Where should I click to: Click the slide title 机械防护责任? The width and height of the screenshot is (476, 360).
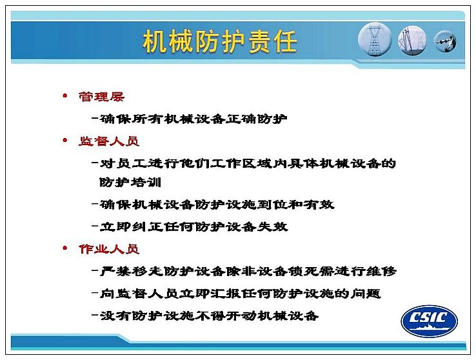coord(220,41)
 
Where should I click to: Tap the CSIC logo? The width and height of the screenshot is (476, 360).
coord(430,321)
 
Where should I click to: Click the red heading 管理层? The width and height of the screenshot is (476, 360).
coord(101,97)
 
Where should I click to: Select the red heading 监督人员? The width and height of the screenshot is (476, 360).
coord(109,141)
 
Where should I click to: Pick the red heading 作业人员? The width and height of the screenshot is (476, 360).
coord(109,249)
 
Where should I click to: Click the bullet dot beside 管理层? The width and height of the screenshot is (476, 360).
coord(64,96)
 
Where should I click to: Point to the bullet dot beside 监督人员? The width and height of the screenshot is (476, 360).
coord(64,140)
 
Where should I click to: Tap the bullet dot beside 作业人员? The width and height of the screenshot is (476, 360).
coord(64,248)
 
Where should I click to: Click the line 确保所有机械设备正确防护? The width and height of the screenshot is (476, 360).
coord(193,119)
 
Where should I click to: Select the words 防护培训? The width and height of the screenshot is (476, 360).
coord(130,182)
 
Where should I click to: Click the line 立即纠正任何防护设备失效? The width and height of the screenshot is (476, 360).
coord(193,226)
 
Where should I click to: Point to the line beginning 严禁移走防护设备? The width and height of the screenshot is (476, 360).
coord(248,271)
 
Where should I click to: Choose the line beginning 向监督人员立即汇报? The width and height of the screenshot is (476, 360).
coord(240,293)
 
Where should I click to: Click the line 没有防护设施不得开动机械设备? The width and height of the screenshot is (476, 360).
coord(209,315)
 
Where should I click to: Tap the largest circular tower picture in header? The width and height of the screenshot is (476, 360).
coord(375,39)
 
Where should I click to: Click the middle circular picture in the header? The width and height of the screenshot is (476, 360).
coord(412,41)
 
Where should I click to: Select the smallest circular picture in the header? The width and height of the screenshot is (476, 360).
coord(445,41)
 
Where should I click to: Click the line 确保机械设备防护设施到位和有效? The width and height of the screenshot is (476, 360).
coord(217,205)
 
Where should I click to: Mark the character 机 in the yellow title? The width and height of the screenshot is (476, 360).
coord(155,41)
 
